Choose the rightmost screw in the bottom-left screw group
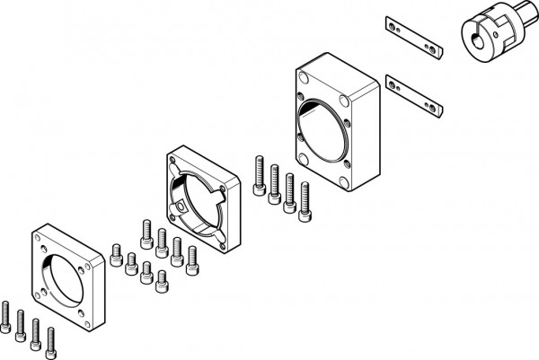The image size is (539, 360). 50,339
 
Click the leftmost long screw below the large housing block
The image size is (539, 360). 260,175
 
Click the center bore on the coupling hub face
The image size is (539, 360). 473,40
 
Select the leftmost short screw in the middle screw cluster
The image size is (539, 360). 116,255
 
